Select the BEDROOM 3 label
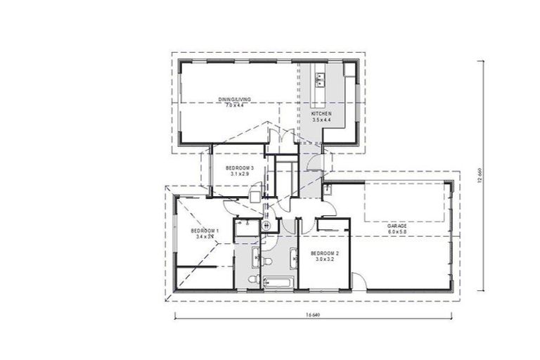(x=239, y=168)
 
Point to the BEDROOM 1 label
(x=205, y=231)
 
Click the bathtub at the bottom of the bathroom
(x=278, y=283)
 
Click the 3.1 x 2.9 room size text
(x=239, y=174)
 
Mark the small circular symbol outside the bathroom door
(x=266, y=226)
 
